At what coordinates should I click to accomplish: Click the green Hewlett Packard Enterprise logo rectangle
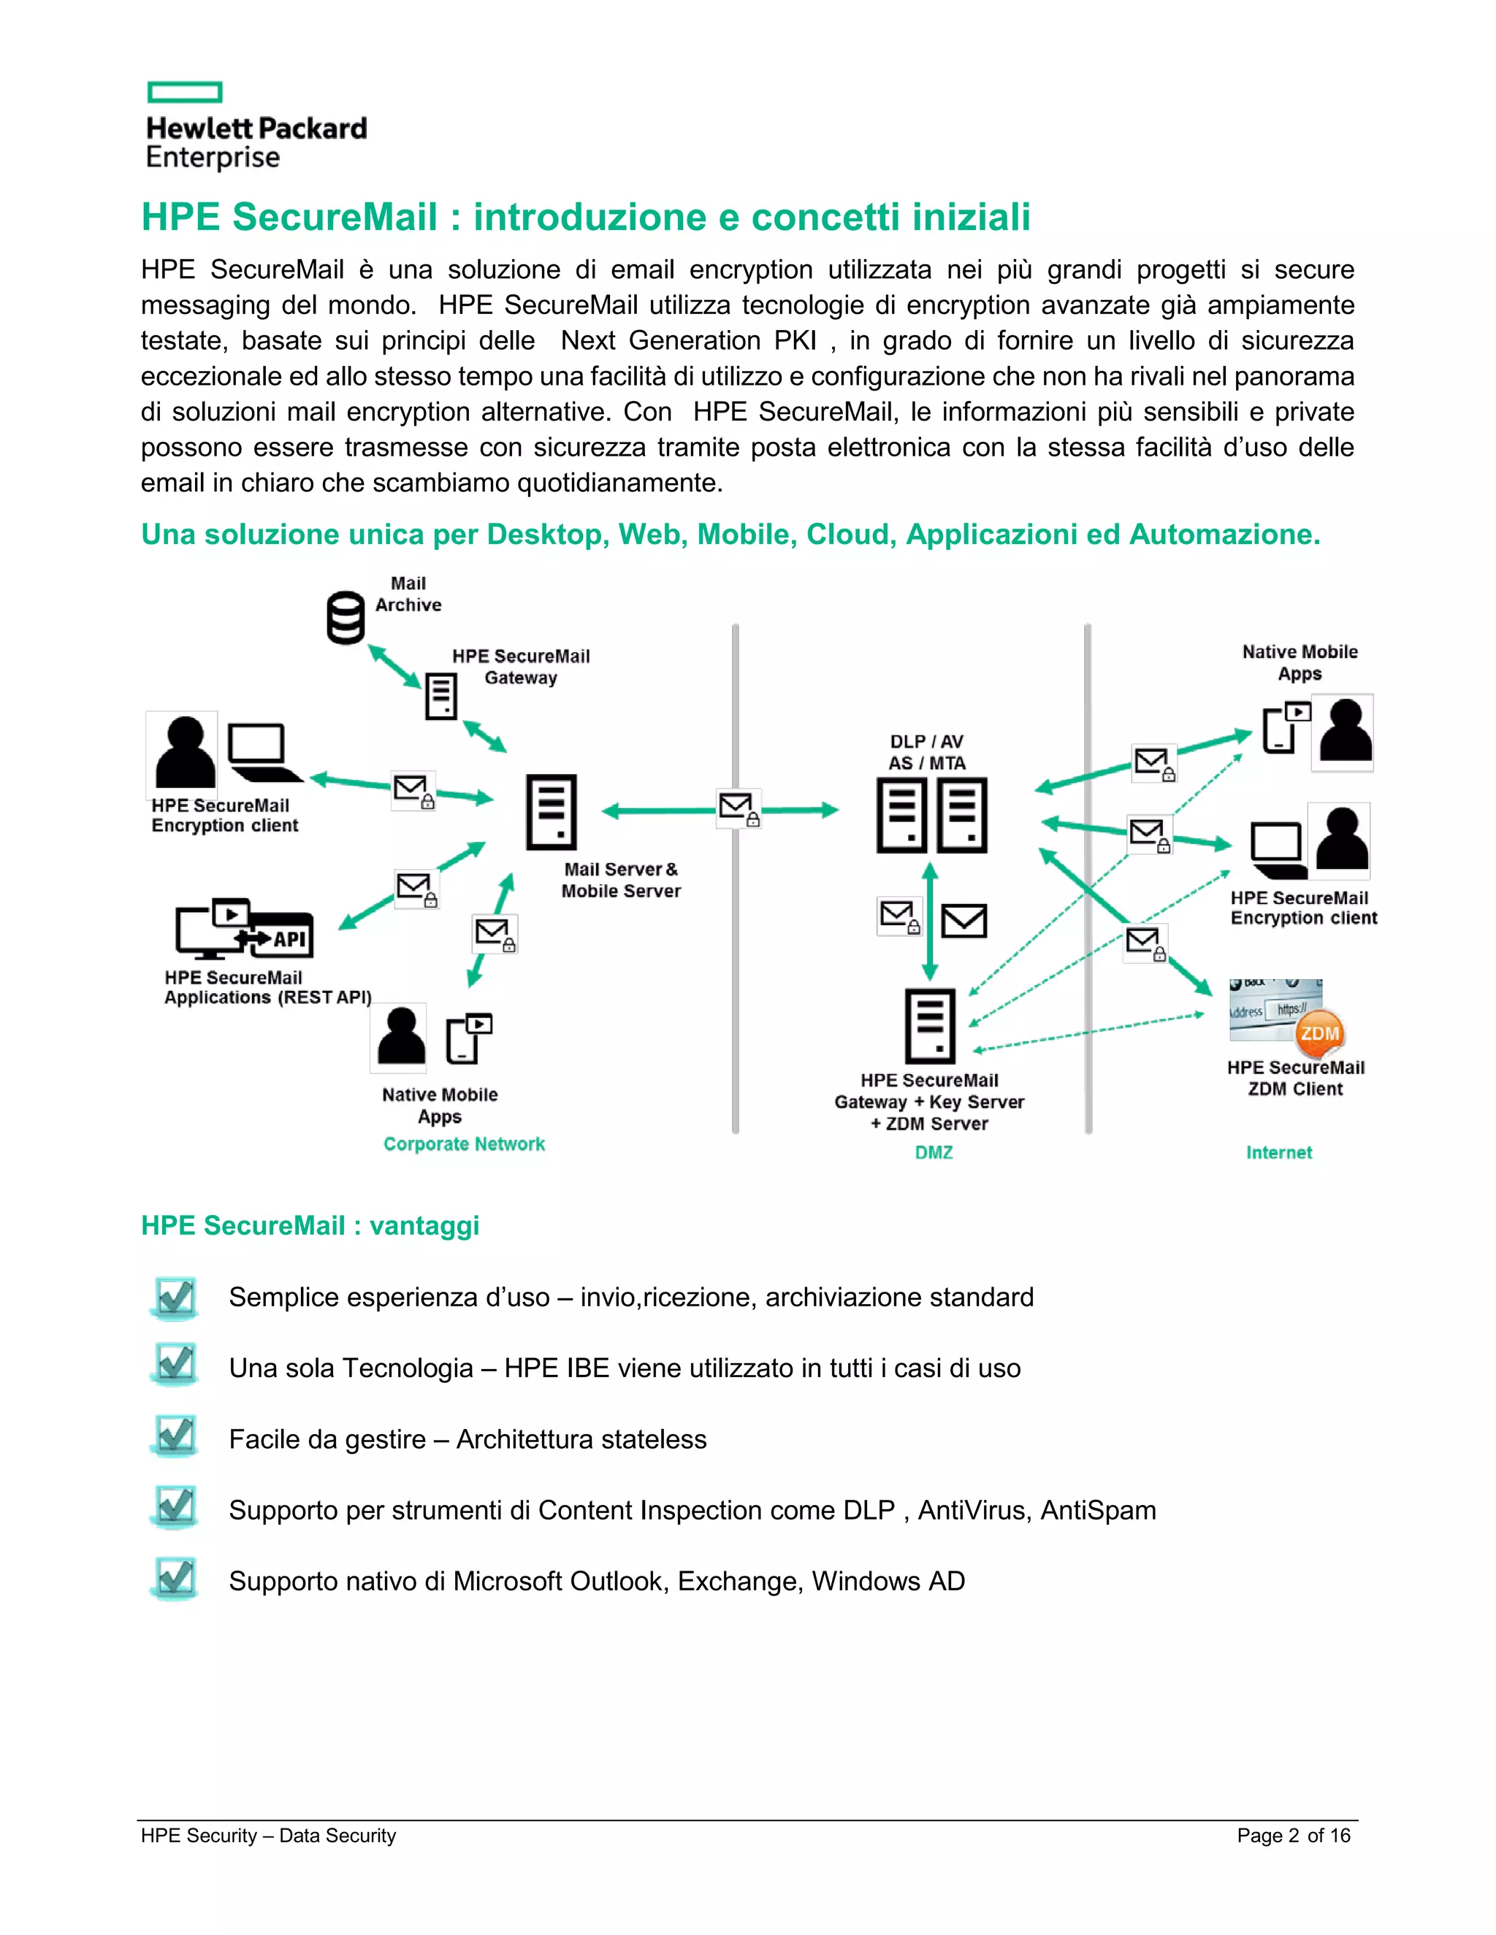(184, 92)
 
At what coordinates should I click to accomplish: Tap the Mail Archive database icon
(346, 618)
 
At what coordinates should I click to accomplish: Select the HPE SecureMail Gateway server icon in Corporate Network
(440, 695)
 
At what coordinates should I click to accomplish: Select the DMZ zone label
(934, 1153)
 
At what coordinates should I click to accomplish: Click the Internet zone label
(1278, 1153)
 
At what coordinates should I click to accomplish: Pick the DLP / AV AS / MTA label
(926, 752)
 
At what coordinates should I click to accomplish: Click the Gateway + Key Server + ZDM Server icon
(930, 1025)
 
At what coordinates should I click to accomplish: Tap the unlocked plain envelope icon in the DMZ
(963, 921)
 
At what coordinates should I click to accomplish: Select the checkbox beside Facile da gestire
(175, 1437)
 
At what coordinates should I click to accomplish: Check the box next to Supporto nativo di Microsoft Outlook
(175, 1579)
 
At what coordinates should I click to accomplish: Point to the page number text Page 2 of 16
(1293, 1835)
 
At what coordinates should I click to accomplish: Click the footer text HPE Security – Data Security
(267, 1835)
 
